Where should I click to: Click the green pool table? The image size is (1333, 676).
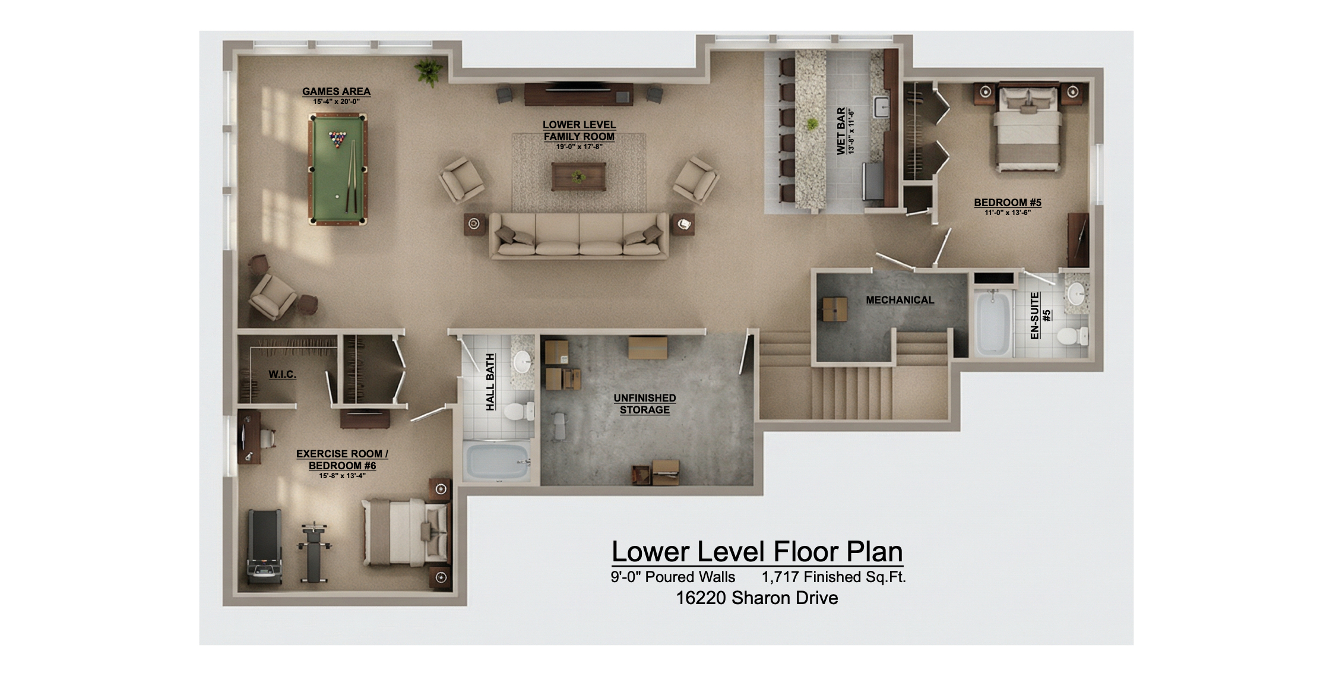point(338,170)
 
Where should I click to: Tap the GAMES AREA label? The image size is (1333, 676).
point(336,91)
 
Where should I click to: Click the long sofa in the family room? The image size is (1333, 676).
point(579,236)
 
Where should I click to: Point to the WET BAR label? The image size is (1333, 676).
point(841,131)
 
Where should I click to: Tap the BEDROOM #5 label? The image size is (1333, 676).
point(1007,203)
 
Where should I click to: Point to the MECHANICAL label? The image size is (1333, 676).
point(900,300)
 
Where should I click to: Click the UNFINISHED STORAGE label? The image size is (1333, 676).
point(644,404)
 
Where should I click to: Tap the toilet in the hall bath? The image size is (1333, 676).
point(517,411)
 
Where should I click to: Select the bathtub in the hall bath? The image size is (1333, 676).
point(497,462)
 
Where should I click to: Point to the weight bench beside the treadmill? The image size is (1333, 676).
point(315,552)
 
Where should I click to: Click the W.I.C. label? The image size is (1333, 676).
point(282,374)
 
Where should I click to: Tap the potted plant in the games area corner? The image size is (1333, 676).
point(428,71)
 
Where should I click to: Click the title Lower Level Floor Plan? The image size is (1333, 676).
point(757,551)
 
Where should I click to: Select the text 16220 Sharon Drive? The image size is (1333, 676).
point(757,598)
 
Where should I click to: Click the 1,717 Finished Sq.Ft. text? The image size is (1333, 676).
point(833,577)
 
